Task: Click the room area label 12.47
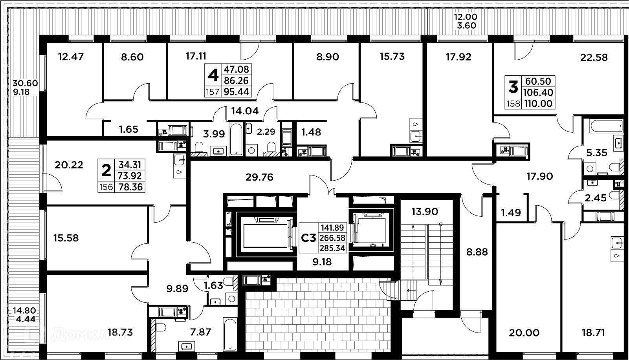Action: (71, 57)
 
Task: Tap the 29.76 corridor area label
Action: (259, 177)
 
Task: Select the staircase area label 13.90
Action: (425, 212)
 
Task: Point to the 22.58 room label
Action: (594, 58)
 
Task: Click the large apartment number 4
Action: (213, 75)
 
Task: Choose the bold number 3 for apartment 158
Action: (513, 87)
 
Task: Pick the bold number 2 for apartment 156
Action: (106, 170)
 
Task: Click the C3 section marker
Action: (308, 238)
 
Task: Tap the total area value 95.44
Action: (237, 92)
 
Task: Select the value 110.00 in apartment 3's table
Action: (537, 104)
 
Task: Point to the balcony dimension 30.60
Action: (25, 83)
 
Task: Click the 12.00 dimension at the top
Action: (466, 17)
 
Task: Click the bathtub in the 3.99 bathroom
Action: (236, 139)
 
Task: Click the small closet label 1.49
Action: (511, 213)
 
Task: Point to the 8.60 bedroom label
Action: (132, 57)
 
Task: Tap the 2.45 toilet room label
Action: (596, 198)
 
